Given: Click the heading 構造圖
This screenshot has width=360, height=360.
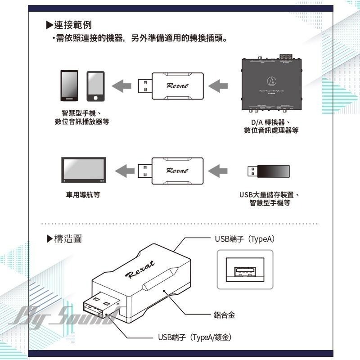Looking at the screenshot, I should click(67, 238).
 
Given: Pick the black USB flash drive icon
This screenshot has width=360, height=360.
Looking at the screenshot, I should click(269, 171).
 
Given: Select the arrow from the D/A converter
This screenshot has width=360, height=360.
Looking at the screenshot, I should click(220, 85).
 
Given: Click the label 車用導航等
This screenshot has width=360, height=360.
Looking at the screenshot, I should click(84, 195).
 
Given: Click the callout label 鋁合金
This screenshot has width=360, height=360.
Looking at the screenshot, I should click(224, 315).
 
